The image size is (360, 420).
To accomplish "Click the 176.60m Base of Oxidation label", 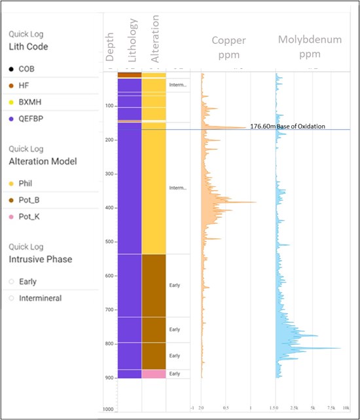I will (x=287, y=126).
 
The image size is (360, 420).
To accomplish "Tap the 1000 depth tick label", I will (x=108, y=409).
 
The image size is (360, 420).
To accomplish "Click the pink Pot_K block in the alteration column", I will (x=153, y=373).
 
